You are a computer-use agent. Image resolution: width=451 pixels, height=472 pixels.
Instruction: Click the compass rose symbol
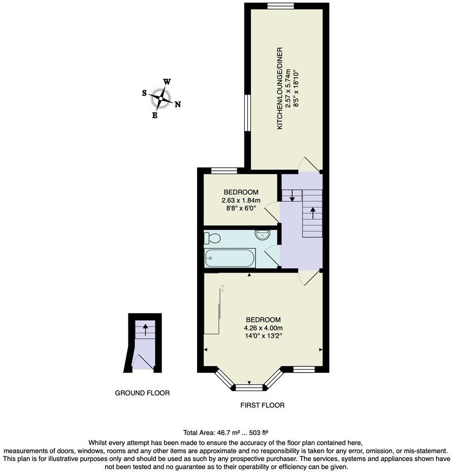(161, 98)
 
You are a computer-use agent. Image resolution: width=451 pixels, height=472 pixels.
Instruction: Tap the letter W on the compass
(167, 82)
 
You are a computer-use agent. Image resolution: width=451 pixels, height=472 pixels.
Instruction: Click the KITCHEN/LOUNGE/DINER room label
(280, 88)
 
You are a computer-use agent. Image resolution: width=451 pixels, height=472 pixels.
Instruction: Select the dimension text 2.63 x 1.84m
(241, 201)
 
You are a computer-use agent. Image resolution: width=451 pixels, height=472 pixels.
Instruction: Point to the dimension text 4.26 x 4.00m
(263, 328)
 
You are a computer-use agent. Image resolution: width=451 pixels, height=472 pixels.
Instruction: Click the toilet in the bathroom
(212, 238)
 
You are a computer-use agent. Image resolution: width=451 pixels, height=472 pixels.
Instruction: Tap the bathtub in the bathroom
(230, 258)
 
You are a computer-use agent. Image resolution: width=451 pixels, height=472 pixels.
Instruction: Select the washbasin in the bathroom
(263, 235)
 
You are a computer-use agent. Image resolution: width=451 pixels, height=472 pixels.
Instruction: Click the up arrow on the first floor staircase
(312, 212)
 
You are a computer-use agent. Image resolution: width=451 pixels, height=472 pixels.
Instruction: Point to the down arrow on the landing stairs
(292, 196)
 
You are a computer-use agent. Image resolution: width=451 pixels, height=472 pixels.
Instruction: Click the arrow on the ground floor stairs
(145, 330)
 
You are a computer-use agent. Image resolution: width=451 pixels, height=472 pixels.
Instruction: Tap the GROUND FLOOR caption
(142, 393)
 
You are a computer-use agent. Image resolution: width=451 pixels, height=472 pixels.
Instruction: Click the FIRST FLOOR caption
(262, 405)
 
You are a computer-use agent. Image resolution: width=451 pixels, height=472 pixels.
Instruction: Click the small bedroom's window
(223, 170)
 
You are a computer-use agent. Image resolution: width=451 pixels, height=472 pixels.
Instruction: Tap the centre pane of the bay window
(249, 388)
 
